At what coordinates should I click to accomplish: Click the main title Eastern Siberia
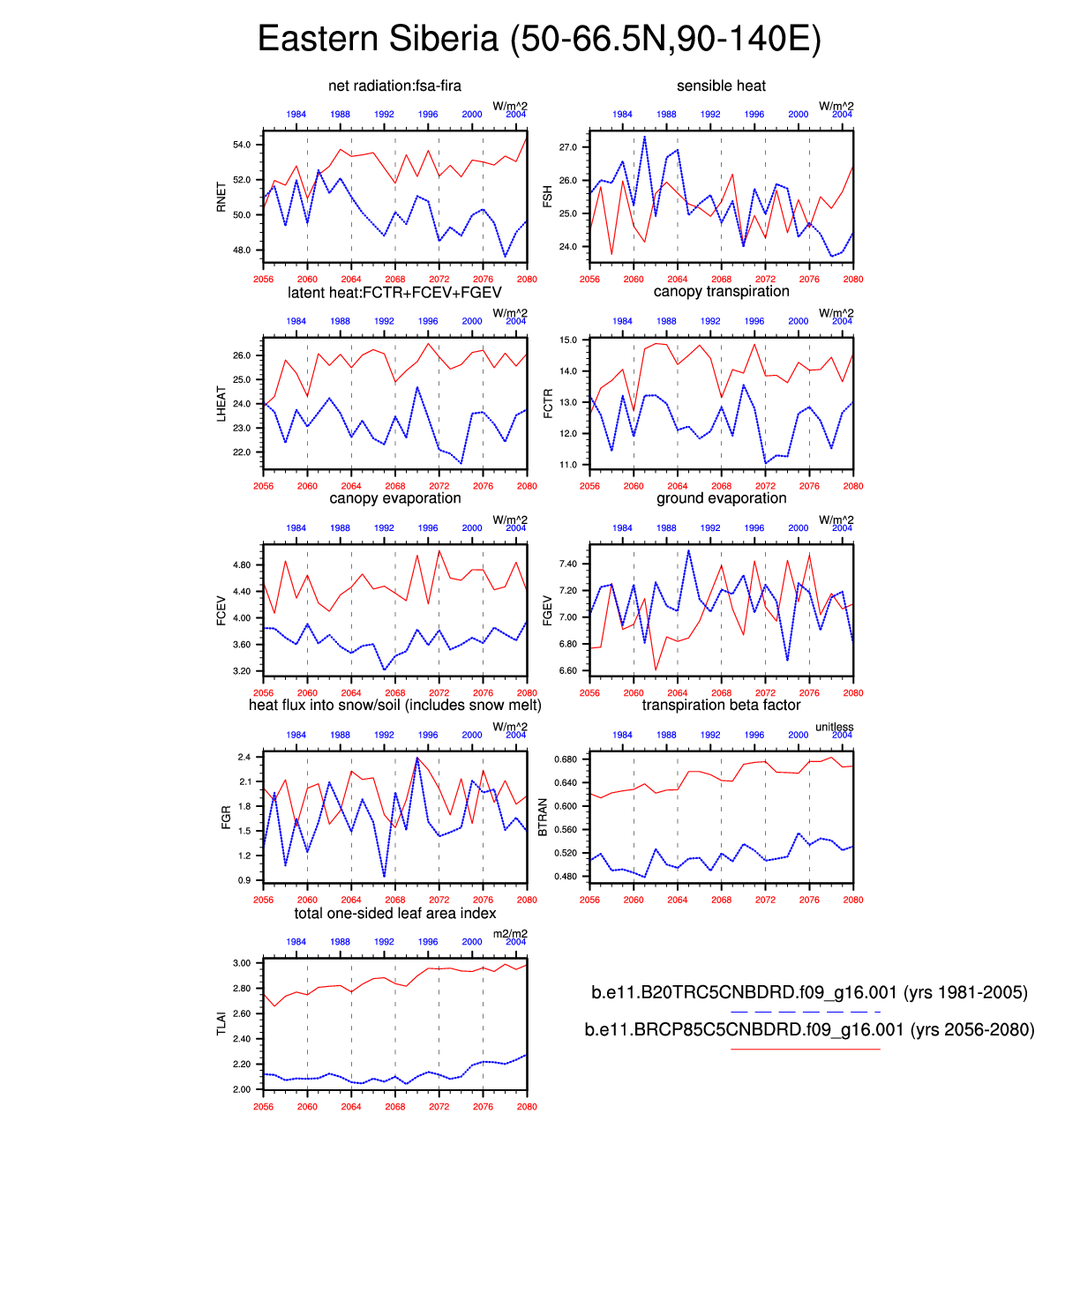tap(539, 40)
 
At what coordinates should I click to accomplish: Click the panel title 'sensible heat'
tap(721, 86)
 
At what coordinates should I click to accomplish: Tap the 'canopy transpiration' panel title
tap(721, 291)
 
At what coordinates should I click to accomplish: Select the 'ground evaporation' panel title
tap(721, 498)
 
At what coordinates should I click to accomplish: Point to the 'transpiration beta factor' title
tap(721, 705)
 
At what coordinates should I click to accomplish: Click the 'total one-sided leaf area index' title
tap(394, 913)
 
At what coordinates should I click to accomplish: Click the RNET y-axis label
tap(221, 197)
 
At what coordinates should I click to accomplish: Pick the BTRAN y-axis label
tap(543, 817)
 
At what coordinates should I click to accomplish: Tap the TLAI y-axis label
tap(221, 1023)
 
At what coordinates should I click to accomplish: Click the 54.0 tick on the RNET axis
tap(242, 145)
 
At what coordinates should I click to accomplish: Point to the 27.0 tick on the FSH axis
tap(568, 147)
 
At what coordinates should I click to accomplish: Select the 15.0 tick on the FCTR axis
tap(568, 340)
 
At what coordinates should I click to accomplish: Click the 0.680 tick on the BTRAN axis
tap(565, 759)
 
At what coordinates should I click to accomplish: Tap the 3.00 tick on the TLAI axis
tap(242, 963)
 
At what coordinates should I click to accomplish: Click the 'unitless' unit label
tap(834, 727)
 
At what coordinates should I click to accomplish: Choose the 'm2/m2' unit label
tap(510, 934)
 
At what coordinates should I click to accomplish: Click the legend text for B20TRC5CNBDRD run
tap(809, 992)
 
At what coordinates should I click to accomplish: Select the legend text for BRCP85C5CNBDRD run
tap(809, 1029)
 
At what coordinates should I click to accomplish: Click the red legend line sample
tap(805, 1049)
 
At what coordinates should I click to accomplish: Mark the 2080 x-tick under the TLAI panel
tap(527, 1106)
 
